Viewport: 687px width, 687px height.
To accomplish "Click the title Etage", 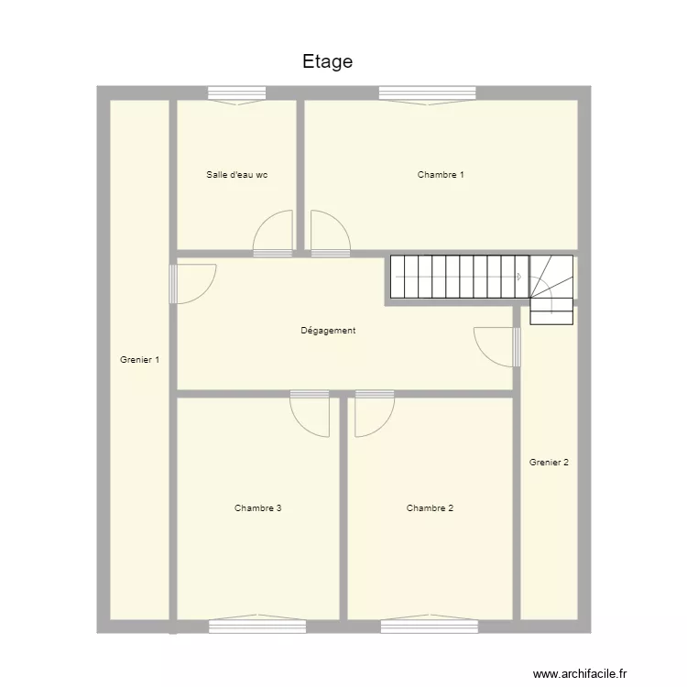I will coord(327,61).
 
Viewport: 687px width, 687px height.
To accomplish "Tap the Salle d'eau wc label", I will coord(237,174).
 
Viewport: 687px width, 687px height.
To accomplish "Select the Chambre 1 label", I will coord(441,174).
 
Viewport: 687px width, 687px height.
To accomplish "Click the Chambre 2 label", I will coord(430,507).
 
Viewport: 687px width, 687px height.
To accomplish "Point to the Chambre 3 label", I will coord(257,507).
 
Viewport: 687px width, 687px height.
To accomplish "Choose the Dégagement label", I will coord(328,331).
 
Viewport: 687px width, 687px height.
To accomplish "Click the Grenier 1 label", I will coord(139,360).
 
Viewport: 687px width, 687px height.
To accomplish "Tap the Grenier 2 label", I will coord(549,463).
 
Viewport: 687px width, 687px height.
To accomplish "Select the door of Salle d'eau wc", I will coord(272,235).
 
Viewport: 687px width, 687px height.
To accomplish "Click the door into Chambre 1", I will coord(330,235).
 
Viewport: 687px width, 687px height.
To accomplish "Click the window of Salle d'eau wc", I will coord(236,93).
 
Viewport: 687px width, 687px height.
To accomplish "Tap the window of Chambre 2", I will coord(429,626).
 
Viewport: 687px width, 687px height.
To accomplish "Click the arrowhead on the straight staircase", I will coord(518,277).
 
